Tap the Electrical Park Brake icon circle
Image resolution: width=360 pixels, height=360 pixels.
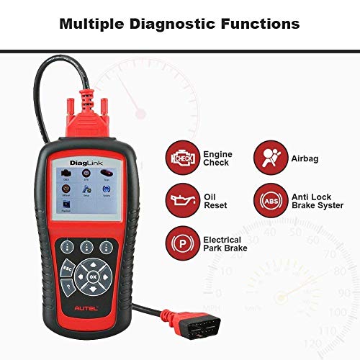pos(181,241)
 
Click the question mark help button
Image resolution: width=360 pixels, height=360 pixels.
pos(68,288)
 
